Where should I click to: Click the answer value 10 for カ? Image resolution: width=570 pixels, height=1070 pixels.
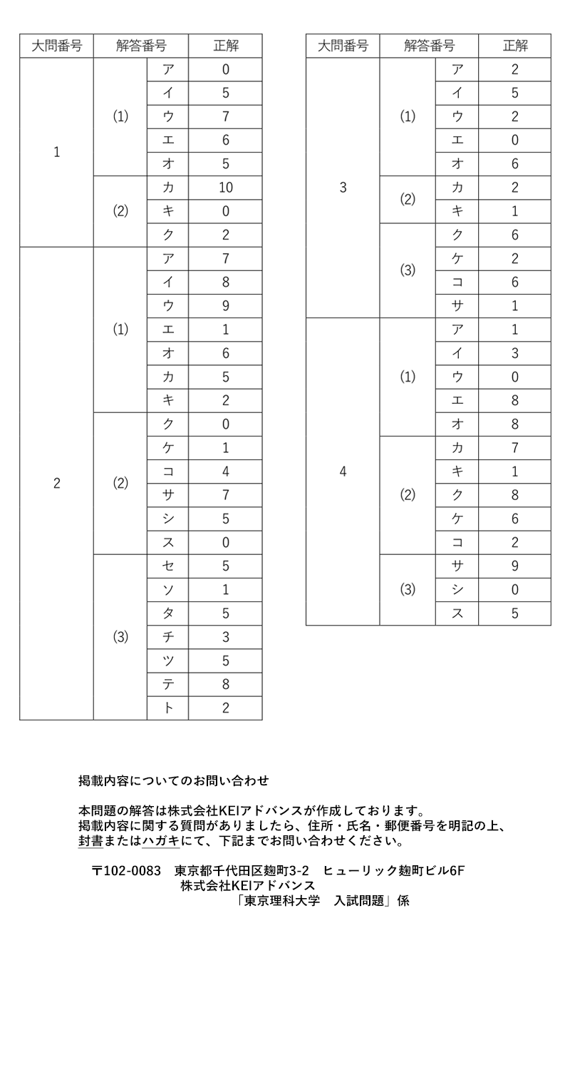click(x=225, y=188)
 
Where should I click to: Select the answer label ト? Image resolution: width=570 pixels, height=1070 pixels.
click(x=168, y=708)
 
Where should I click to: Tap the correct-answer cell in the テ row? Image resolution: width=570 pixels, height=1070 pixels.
click(x=225, y=685)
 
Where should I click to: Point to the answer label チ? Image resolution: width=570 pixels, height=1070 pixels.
click(x=168, y=637)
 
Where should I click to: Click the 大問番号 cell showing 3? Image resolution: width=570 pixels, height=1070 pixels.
click(x=343, y=188)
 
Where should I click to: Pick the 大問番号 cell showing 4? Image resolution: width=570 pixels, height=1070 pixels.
click(x=343, y=472)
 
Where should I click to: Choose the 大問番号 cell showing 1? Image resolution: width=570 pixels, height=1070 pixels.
click(x=56, y=152)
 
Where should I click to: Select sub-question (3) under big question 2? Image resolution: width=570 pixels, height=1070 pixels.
click(x=120, y=637)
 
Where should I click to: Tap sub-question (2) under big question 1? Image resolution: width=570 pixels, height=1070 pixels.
click(x=120, y=211)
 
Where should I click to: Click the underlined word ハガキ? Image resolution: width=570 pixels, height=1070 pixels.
click(x=161, y=841)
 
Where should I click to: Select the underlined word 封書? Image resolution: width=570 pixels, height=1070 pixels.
click(x=90, y=841)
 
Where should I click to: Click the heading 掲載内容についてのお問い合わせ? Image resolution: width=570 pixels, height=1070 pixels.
click(x=173, y=781)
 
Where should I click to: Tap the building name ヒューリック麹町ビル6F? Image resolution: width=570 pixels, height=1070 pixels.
click(x=394, y=870)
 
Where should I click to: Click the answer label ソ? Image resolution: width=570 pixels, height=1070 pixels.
click(x=168, y=590)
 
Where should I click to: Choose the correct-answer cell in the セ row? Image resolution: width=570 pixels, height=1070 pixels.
click(x=225, y=566)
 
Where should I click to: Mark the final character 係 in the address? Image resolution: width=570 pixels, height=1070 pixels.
click(x=403, y=900)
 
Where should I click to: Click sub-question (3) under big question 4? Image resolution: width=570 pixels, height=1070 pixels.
click(x=408, y=590)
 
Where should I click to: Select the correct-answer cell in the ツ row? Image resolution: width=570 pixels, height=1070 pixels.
click(x=225, y=661)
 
